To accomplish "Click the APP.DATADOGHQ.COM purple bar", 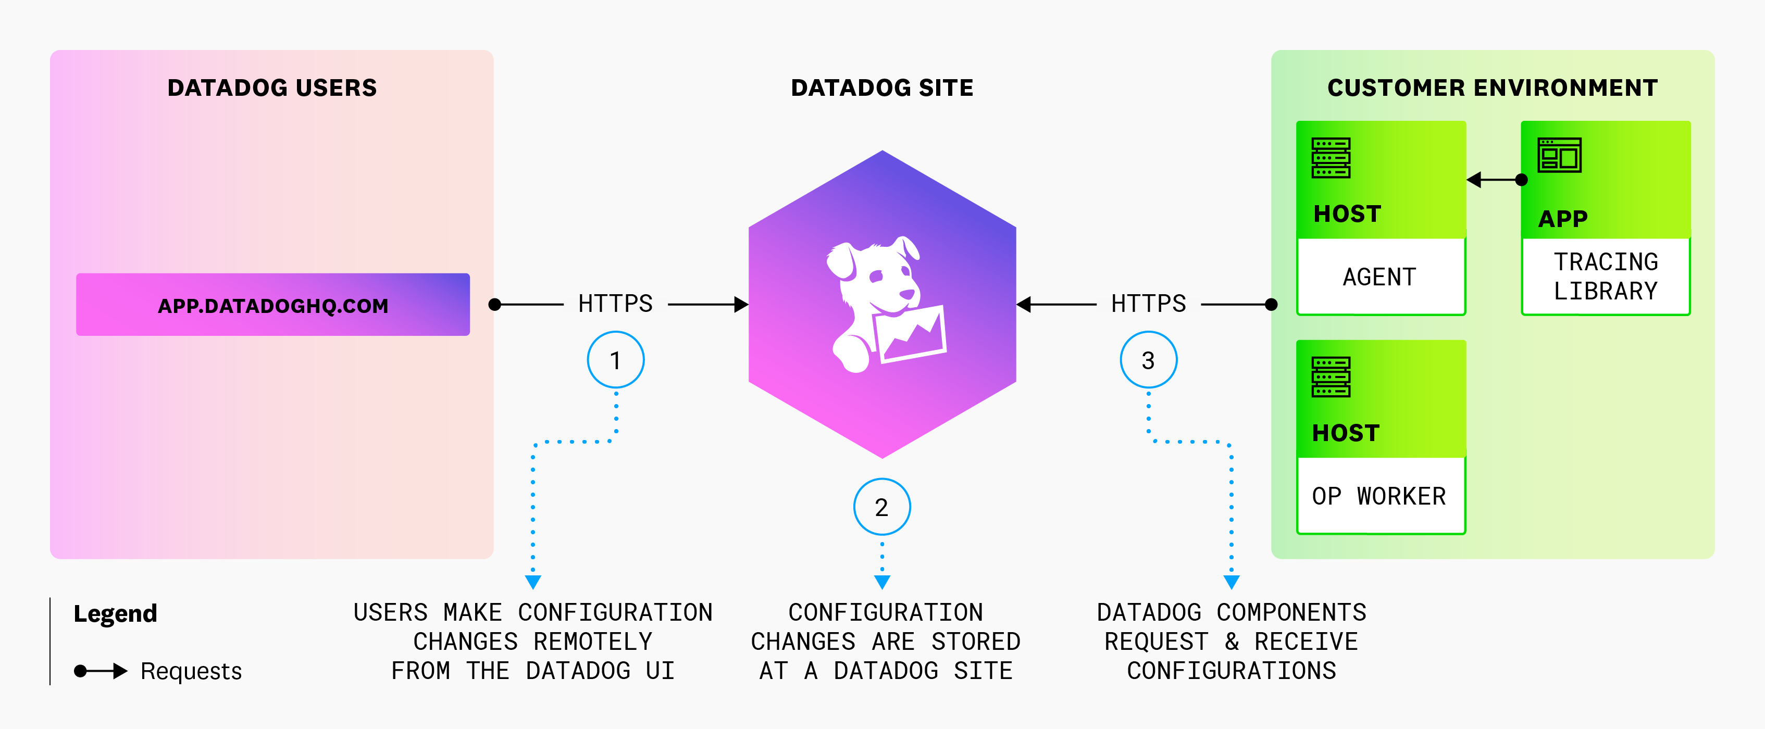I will point(272,305).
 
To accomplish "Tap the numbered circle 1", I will point(615,360).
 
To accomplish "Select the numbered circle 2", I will point(882,507).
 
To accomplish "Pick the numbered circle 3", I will point(1148,360).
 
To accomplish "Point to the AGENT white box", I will point(1380,277).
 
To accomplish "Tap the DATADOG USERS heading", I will point(272,87).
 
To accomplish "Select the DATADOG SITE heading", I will point(882,87).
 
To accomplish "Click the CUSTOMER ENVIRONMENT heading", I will point(1493,87).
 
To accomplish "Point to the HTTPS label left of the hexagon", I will point(615,304).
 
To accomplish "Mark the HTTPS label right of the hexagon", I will point(1148,304).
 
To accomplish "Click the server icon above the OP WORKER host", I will point(1331,377).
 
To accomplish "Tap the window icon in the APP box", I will point(1559,156).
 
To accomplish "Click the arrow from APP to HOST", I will point(1494,180).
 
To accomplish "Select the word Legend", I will point(115,613).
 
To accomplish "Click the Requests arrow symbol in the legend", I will point(101,671).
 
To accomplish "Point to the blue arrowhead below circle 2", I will point(882,582).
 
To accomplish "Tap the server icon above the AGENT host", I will point(1331,158).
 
